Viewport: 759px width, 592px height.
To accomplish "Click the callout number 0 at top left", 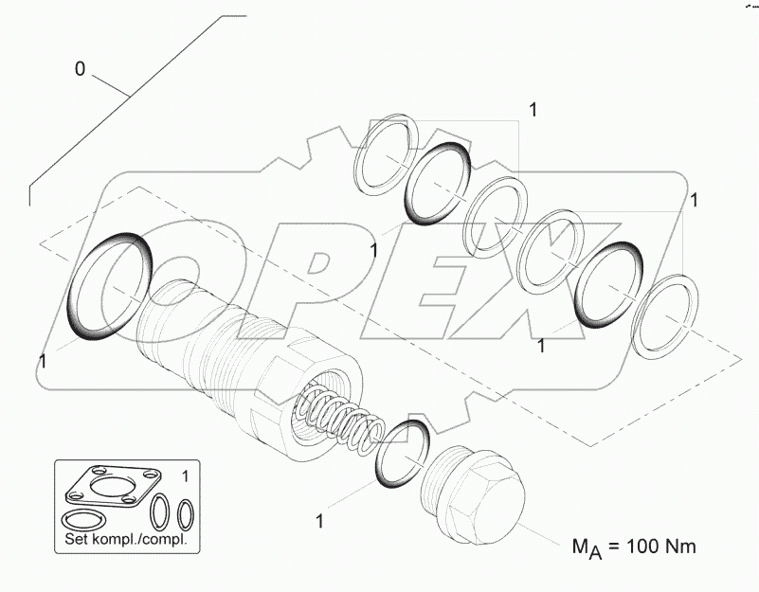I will [80, 69].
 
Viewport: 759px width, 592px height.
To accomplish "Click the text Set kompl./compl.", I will [126, 540].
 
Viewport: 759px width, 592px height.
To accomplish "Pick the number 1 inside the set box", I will [185, 474].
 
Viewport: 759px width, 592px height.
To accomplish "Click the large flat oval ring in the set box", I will [83, 519].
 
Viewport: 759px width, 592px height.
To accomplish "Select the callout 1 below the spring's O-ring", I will [320, 520].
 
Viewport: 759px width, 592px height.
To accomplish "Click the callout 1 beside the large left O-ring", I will [42, 361].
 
